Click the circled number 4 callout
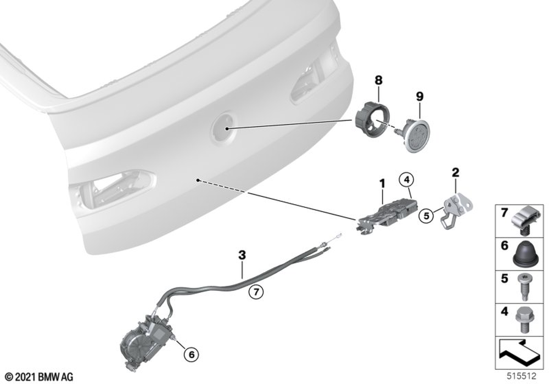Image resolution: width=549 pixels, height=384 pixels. [406, 180]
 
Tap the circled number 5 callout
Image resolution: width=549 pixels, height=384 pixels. [426, 216]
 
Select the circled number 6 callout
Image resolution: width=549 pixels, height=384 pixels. [191, 354]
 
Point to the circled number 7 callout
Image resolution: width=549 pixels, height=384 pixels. [256, 291]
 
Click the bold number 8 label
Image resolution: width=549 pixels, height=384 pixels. [378, 80]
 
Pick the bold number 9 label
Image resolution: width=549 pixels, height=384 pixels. [419, 96]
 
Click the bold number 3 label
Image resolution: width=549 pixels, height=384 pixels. [242, 255]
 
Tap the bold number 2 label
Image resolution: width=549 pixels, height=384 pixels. [455, 172]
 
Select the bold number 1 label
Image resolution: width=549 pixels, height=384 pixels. [382, 183]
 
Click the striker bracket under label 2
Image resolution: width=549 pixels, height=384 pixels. [456, 211]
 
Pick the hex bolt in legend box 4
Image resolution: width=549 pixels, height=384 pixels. [524, 320]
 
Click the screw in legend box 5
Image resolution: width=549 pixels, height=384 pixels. [524, 287]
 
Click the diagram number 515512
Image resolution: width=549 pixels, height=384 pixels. [522, 376]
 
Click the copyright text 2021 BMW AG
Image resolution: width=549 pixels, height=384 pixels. [40, 377]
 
